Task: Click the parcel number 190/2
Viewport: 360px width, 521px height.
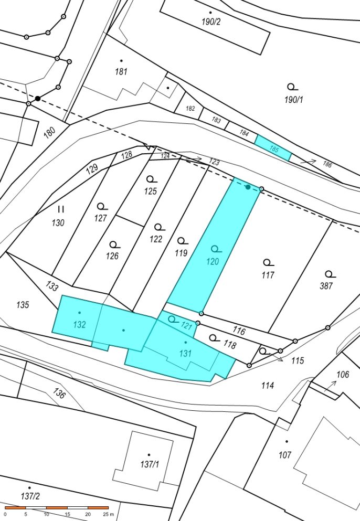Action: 211,22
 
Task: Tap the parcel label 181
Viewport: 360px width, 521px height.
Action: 121,71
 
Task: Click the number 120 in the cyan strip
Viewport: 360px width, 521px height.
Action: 213,261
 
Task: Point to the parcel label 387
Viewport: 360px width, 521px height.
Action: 326,285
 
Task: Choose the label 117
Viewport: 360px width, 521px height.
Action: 268,275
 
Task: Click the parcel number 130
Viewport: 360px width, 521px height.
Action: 58,222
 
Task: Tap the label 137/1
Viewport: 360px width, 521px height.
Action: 150,464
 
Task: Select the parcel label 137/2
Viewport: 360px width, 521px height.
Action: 30,496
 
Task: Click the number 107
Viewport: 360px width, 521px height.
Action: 285,454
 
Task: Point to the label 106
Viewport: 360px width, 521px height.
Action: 343,375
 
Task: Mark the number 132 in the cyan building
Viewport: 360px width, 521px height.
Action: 79,324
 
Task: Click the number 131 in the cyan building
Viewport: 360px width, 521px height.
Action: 185,353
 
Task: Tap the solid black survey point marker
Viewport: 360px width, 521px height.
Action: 38,98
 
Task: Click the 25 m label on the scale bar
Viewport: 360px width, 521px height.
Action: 108,514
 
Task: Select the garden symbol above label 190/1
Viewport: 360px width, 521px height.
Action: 292,87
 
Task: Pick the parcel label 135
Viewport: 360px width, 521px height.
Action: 23,304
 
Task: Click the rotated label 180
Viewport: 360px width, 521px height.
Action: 49,133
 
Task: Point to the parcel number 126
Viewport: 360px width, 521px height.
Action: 112,256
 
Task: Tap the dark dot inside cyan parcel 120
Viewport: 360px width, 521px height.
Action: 248,187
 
